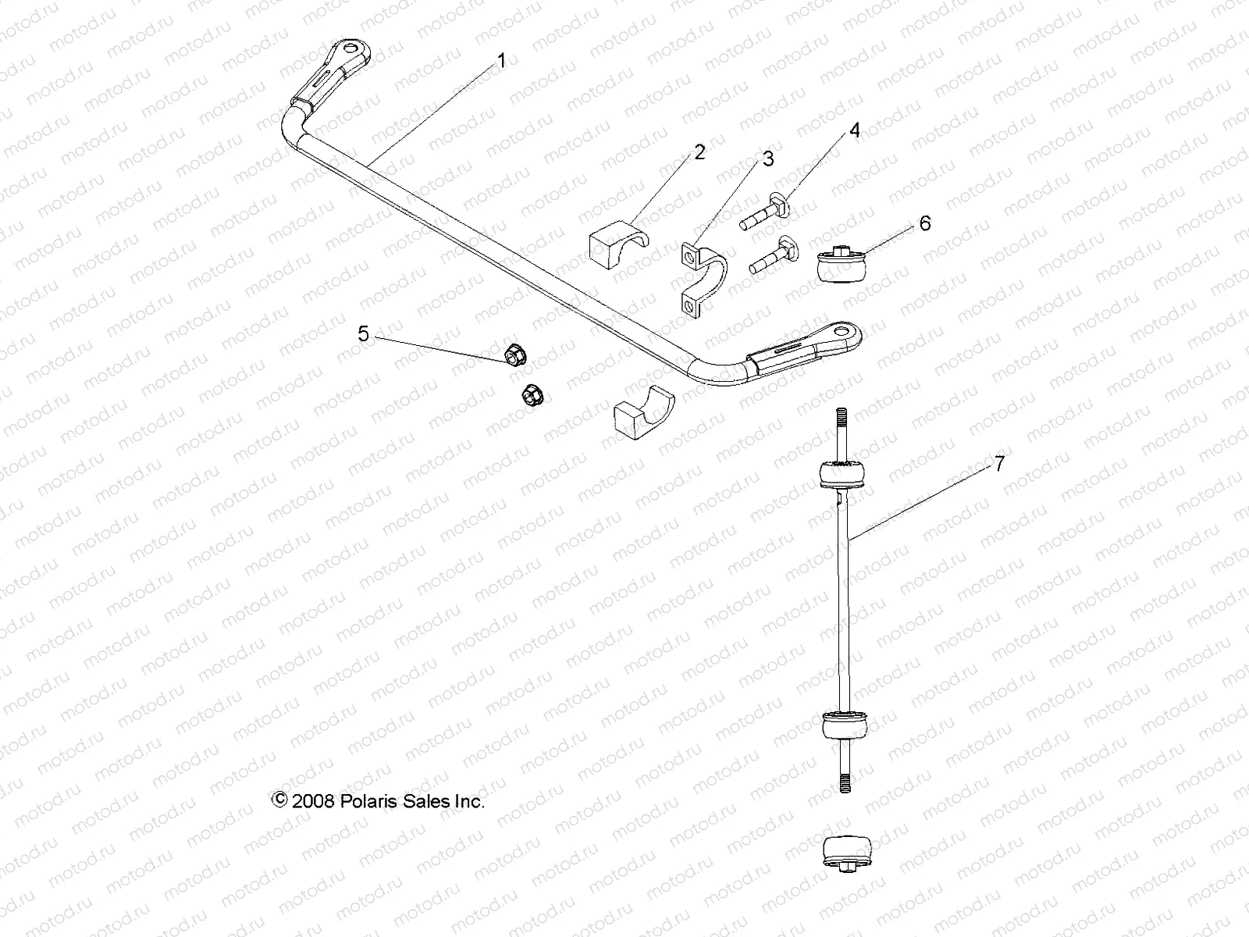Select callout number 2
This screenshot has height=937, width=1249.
coord(699,152)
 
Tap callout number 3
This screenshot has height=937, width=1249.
coord(768,159)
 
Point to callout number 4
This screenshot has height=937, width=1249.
coord(855,130)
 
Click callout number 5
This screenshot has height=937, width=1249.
coord(363,334)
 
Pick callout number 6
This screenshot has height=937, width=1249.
coord(925,224)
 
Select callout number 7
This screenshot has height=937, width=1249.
coord(999,464)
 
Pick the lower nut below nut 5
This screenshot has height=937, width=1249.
coord(532,395)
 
